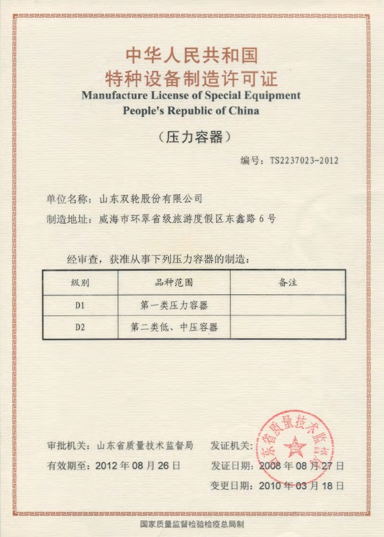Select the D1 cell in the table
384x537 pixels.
click(80, 306)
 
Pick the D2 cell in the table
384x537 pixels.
click(80, 327)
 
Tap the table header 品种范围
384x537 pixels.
click(174, 282)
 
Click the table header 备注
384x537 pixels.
click(288, 282)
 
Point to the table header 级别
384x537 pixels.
click(80, 282)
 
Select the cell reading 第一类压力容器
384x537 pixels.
click(174, 306)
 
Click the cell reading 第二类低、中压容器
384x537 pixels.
click(174, 327)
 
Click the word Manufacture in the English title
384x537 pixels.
click(113, 95)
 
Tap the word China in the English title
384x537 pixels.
click(244, 110)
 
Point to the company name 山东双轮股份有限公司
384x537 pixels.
click(150, 199)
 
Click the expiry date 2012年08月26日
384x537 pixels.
click(138, 466)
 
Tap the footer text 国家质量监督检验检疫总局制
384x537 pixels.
click(192, 524)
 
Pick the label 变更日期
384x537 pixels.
click(230, 486)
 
